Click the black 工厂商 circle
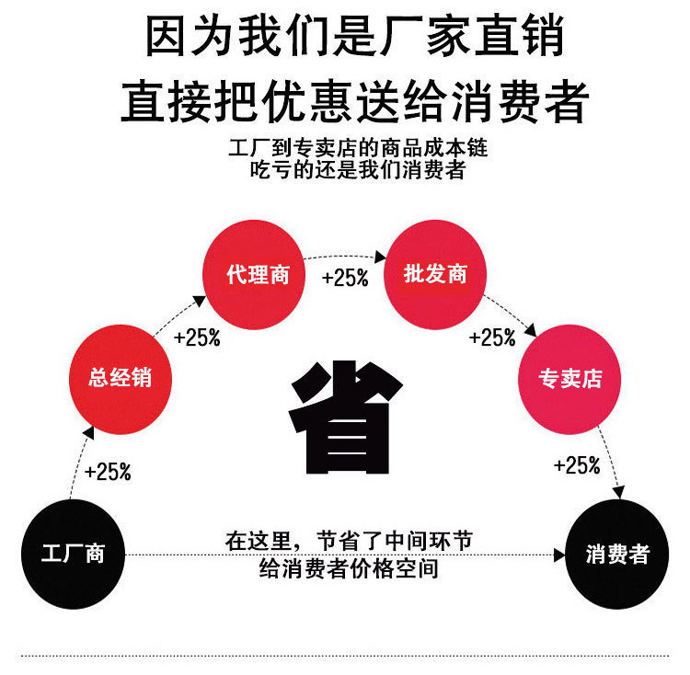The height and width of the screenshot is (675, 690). coord(73,553)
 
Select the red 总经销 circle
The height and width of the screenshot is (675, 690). coord(121,377)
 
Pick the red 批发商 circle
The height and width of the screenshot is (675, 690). coord(435,274)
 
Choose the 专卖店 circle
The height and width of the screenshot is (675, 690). coord(571,378)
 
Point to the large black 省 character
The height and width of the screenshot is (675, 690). coord(346,415)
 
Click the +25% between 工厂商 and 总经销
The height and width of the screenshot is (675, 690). coord(108,473)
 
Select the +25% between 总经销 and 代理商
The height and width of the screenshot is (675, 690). coord(197,337)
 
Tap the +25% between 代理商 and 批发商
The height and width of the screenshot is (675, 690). coord(345,277)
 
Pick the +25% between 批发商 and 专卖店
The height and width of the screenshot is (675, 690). coord(492,337)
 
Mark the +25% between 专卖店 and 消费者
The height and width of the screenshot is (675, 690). coord(577,466)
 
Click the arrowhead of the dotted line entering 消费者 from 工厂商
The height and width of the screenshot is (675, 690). coord(560,555)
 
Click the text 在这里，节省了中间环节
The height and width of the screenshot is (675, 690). coord(349,542)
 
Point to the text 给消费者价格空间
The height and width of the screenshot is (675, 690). coord(349,569)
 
